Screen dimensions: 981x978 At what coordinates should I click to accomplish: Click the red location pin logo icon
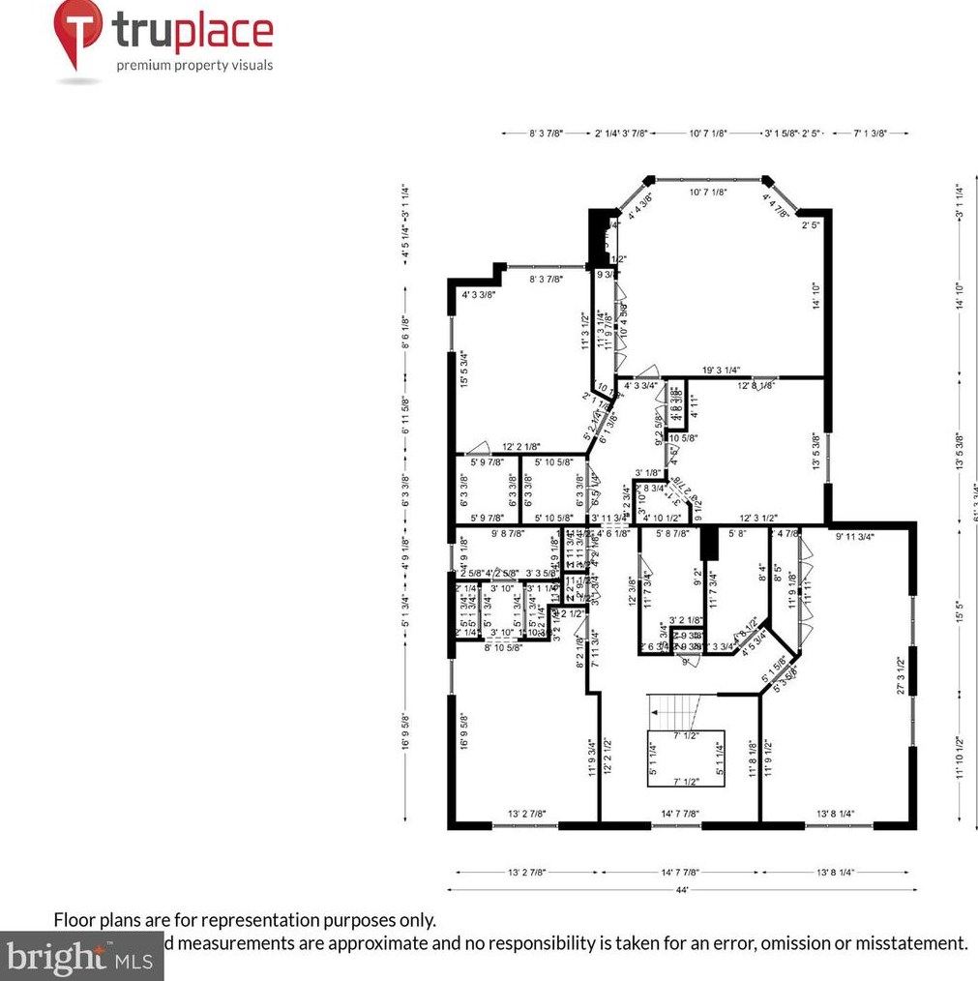point(78,35)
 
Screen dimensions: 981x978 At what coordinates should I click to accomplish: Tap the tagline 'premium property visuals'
point(194,66)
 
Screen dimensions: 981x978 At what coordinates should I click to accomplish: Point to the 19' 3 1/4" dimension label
point(721,370)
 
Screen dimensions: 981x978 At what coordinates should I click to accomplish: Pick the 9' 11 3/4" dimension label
point(856,535)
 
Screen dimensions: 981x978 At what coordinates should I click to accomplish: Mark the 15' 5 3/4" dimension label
point(464,369)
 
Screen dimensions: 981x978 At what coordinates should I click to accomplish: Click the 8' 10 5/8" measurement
point(503,648)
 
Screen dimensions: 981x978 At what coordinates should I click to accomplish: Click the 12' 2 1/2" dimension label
point(608,757)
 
